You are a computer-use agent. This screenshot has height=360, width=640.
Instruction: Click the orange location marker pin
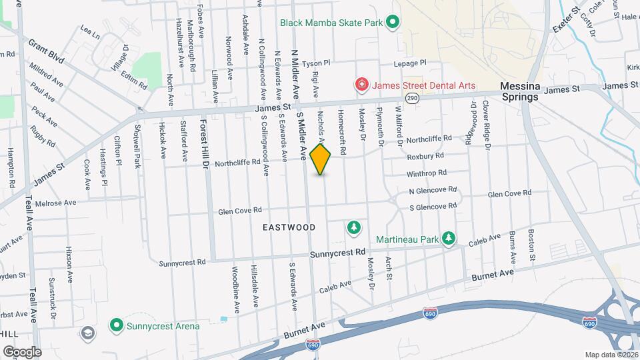click(320, 159)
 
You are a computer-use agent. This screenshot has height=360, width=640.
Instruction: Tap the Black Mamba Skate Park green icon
click(393, 23)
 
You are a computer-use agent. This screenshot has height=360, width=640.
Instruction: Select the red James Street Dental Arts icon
click(361, 85)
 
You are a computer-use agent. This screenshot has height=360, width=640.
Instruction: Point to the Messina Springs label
click(519, 91)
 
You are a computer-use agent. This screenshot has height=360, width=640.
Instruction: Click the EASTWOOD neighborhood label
click(289, 227)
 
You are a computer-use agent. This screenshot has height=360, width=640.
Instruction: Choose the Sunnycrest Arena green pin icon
click(117, 326)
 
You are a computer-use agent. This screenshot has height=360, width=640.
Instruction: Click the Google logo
click(21, 351)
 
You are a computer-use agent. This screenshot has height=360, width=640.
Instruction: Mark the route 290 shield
click(412, 99)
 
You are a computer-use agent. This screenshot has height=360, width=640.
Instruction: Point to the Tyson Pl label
click(317, 64)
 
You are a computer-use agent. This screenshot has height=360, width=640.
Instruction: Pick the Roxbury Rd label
click(426, 156)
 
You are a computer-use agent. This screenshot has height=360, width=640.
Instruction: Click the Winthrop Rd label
click(427, 173)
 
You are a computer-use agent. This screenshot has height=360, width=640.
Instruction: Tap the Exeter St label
click(566, 19)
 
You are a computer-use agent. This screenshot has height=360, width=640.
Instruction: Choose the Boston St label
click(531, 245)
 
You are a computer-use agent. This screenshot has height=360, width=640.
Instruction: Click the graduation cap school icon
click(87, 333)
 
